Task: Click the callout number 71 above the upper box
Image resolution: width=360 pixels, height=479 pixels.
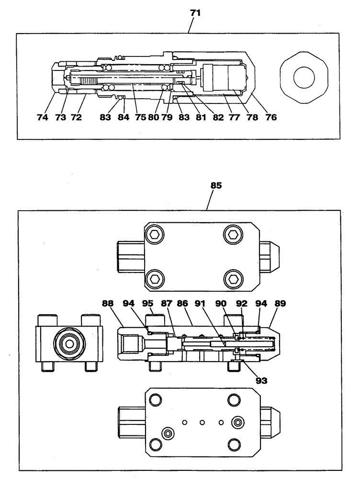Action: [195, 13]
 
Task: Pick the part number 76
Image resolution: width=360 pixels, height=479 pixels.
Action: [270, 116]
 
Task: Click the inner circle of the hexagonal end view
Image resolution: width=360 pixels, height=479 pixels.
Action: [304, 78]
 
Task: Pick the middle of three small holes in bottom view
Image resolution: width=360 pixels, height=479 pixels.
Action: [202, 422]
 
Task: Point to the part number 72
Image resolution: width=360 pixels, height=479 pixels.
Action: [76, 116]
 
